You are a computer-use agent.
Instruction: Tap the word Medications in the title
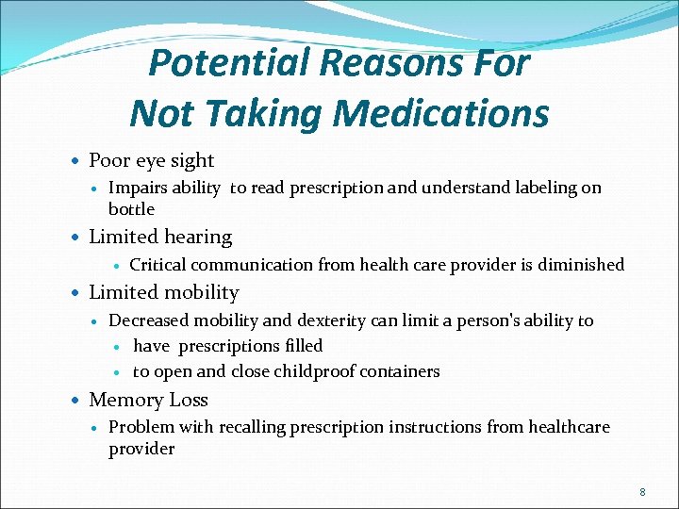[440, 114]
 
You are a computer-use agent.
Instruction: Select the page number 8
[642, 492]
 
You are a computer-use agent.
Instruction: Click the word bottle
[131, 209]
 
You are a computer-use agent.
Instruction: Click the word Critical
[157, 265]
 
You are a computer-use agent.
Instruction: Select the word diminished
[581, 265]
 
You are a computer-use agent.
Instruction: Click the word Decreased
[148, 320]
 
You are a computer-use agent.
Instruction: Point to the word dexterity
[331, 320]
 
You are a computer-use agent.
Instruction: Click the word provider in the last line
[141, 449]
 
